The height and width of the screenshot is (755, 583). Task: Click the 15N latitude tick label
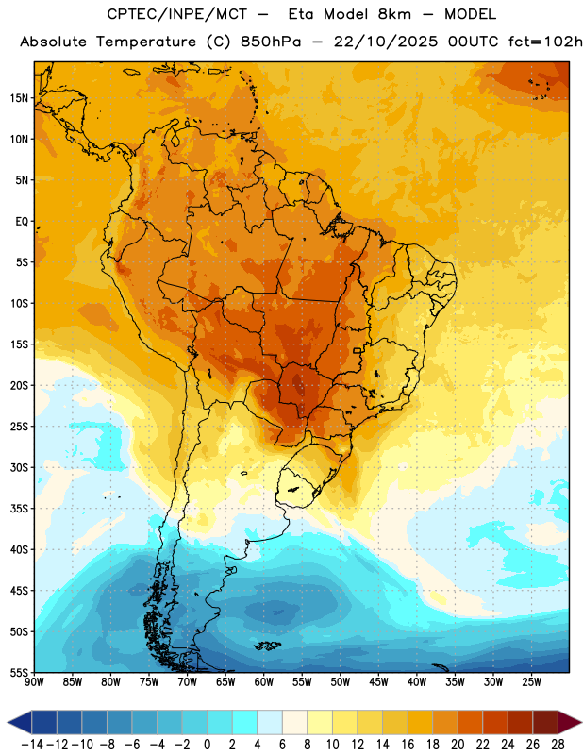[x=19, y=98]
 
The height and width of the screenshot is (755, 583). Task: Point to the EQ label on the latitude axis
[x=22, y=222]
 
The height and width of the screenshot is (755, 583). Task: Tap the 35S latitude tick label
[x=19, y=509]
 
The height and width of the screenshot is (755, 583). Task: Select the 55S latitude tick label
[x=19, y=672]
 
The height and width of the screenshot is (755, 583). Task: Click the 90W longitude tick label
[x=34, y=681]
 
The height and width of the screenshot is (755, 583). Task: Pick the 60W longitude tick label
[x=264, y=681]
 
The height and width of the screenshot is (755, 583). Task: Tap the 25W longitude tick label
[x=531, y=681]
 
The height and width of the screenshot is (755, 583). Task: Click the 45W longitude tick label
[x=378, y=681]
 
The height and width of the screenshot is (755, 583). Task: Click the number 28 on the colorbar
[x=558, y=745]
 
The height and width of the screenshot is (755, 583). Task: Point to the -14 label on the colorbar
[x=32, y=745]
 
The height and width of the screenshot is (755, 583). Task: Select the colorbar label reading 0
[x=207, y=745]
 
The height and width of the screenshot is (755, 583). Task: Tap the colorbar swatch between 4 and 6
[x=270, y=722]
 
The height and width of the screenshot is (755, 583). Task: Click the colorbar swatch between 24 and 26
[x=520, y=722]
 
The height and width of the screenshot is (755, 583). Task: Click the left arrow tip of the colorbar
[x=8, y=722]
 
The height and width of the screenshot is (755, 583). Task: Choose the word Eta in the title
[x=301, y=14]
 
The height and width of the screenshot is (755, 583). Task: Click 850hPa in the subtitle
[x=271, y=42]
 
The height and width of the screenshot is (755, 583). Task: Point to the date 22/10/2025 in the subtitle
[x=386, y=42]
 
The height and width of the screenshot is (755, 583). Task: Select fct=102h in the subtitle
[x=545, y=42]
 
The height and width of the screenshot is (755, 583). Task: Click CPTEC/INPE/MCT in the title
[x=177, y=14]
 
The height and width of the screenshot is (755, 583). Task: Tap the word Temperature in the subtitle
[x=146, y=42]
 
